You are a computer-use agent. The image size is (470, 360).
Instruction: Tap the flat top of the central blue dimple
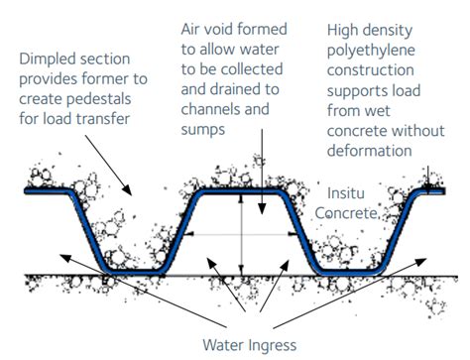click(240, 190)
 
